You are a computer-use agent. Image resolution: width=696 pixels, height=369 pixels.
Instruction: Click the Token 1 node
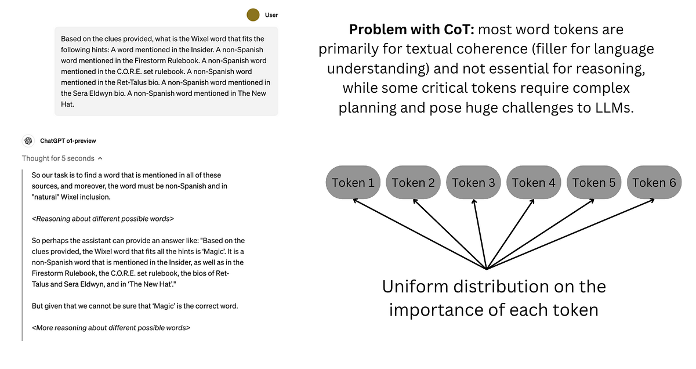pyautogui.click(x=353, y=183)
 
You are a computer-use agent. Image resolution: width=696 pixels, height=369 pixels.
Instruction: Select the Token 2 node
pyautogui.click(x=413, y=183)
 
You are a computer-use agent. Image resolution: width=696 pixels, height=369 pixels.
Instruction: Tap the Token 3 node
pyautogui.click(x=473, y=183)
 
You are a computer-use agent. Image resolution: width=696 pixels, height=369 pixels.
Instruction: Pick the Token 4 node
pyautogui.click(x=534, y=183)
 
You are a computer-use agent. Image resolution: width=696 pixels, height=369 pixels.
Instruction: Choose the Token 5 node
pyautogui.click(x=594, y=183)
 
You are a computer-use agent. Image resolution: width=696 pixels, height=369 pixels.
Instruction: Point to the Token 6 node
pyautogui.click(x=654, y=183)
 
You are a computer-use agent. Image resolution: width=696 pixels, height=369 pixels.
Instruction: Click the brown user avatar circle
pyautogui.click(x=252, y=15)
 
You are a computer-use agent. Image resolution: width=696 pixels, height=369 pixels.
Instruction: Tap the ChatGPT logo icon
pyautogui.click(x=28, y=141)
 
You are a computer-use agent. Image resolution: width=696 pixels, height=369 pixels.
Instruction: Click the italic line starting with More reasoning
pyautogui.click(x=111, y=328)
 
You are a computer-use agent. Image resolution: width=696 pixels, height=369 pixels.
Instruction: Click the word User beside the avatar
pyautogui.click(x=271, y=15)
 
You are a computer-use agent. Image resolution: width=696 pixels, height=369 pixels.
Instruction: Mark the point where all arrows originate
pyautogui.click(x=486, y=269)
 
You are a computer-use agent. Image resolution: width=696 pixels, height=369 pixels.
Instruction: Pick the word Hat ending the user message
pyautogui.click(x=68, y=104)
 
